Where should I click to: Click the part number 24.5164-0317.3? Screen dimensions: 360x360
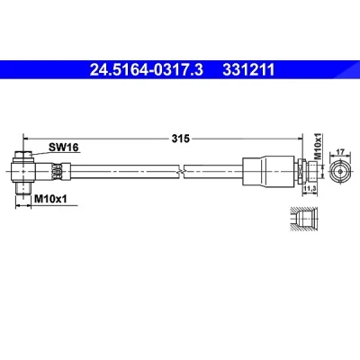tap(147, 70)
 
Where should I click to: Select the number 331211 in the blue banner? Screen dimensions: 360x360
tap(248, 70)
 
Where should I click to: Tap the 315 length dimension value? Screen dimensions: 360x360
tap(181, 139)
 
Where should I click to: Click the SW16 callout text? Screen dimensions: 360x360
tap(64, 147)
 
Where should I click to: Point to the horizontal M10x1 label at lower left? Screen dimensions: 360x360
tap(50, 199)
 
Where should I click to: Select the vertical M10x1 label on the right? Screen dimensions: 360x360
tap(318, 146)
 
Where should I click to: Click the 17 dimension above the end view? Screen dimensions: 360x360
tap(340, 152)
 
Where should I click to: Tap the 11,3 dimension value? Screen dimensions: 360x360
tap(310, 189)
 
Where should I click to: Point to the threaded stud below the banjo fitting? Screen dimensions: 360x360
tap(23, 188)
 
